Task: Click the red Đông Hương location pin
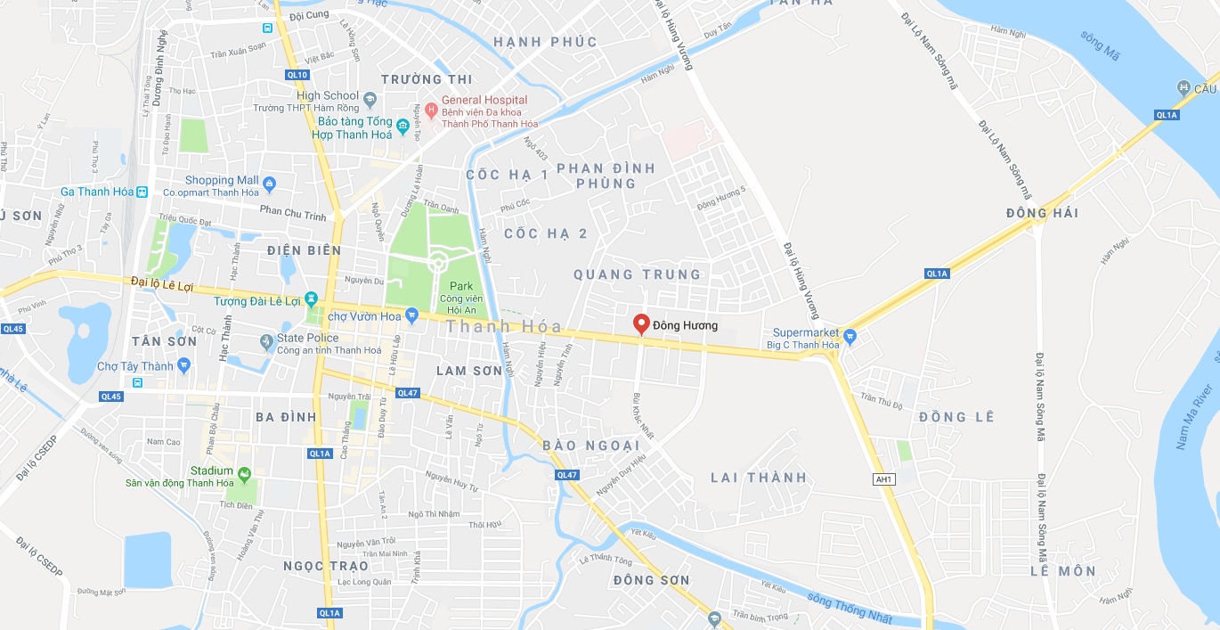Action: coord(640,324)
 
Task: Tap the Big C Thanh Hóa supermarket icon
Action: coord(849,336)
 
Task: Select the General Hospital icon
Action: coord(431,110)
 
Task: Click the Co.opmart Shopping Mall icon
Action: coord(271,184)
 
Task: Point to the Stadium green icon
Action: coord(244,472)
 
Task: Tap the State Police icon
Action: coord(266,341)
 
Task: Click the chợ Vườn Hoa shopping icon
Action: coord(411,315)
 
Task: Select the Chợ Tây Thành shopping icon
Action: coord(183,364)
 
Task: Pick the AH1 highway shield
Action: coord(882,479)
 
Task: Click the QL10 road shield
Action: coord(297,75)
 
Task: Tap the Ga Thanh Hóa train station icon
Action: coord(141,192)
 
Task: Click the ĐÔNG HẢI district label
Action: coord(1042,213)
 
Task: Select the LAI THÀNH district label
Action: coord(758,478)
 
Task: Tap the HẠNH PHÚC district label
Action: coord(533,42)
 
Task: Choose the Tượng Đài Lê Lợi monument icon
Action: coord(311,299)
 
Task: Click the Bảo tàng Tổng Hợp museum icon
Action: coord(403,125)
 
